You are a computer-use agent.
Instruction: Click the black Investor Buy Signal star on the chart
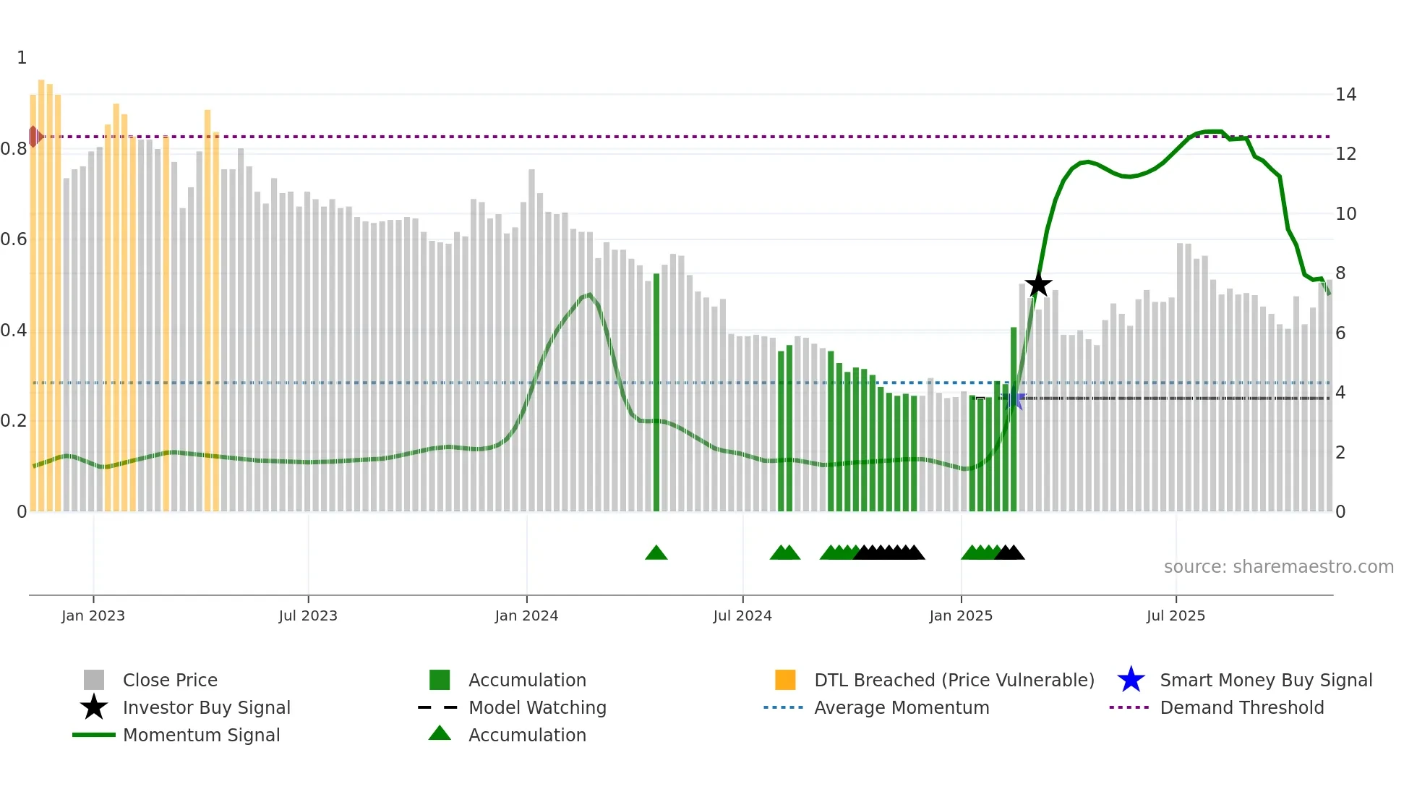point(1038,285)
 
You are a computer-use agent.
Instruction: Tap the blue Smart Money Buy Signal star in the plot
point(1015,399)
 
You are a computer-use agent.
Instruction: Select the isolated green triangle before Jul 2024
point(656,553)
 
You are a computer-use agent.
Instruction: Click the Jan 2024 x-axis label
point(526,615)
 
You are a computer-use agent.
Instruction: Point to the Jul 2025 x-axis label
point(1176,615)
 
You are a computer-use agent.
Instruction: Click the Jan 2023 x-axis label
point(93,615)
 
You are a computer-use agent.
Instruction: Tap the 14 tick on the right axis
point(1345,95)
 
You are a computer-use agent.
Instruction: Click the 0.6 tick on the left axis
point(14,239)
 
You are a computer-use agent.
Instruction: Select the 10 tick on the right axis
point(1345,214)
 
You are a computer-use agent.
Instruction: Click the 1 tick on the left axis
point(22,58)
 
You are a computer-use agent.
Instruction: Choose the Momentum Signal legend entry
point(201,735)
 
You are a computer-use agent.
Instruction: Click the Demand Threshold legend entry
point(1241,707)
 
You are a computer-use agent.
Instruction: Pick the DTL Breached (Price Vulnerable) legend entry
point(954,680)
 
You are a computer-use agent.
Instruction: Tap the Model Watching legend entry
point(536,707)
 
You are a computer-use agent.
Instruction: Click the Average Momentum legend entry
point(901,707)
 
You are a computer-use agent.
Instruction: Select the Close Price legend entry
point(170,680)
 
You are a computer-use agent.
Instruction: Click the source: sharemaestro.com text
point(1278,567)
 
